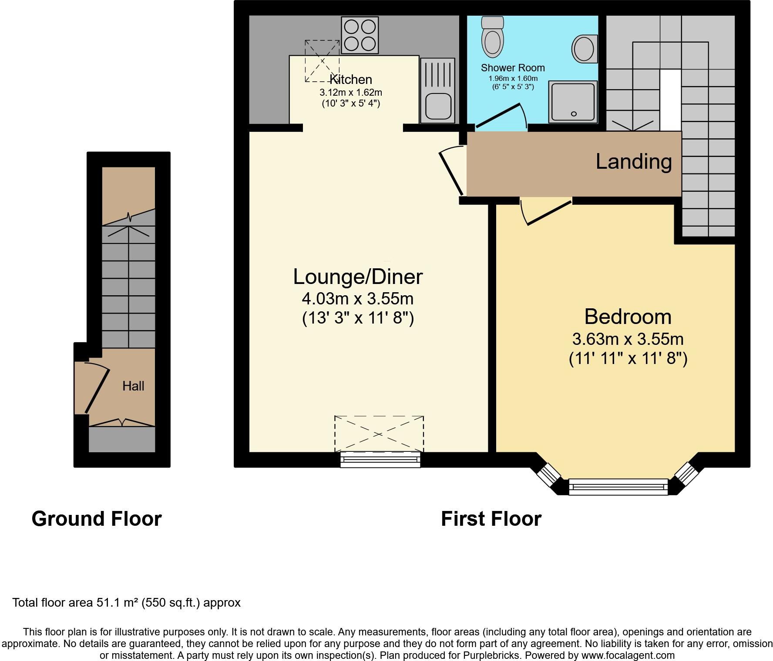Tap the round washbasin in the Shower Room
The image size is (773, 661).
pos(583,48)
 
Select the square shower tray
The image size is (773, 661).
pos(573,101)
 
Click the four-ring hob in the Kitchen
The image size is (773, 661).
pos(360,35)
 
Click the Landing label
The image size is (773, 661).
pos(633,161)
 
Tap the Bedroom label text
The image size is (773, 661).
pos(628,317)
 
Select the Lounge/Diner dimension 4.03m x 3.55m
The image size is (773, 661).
pos(357,299)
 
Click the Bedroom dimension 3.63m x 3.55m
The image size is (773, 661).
pos(628,339)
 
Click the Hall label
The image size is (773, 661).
pos(133,386)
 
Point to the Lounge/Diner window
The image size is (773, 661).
pos(380,459)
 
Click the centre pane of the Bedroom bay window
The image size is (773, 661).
pos(618,487)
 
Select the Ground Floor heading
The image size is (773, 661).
pos(97,519)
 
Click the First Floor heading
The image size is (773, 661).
pos(491,519)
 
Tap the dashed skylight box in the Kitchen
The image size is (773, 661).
pos(322,61)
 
